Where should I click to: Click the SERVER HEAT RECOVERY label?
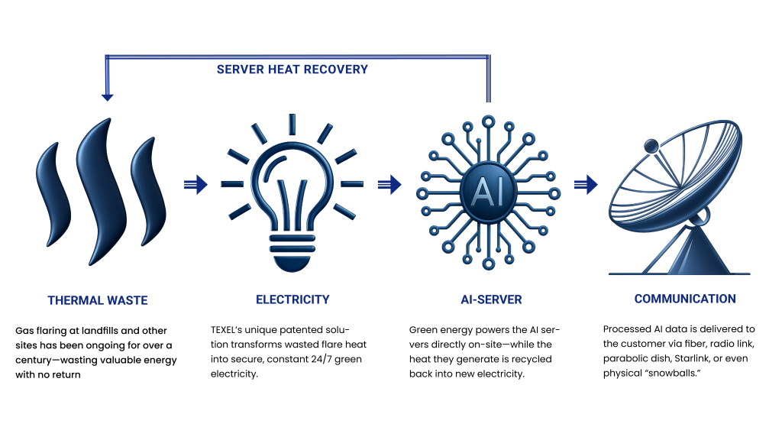click(x=292, y=70)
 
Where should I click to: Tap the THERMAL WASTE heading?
click(x=98, y=300)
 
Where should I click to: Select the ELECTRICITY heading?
click(x=292, y=299)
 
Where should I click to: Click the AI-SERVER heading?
click(x=491, y=299)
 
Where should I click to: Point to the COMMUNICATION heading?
click(x=685, y=299)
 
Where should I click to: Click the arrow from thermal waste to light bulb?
click(x=195, y=185)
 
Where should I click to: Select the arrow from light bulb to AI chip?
click(x=389, y=185)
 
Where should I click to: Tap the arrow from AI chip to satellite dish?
click(x=586, y=185)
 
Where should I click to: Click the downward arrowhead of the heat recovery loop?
click(x=107, y=97)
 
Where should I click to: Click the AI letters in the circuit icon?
click(x=488, y=192)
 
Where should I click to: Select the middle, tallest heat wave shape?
click(x=100, y=192)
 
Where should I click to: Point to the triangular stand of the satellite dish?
click(x=696, y=251)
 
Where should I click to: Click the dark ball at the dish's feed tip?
click(x=651, y=146)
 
